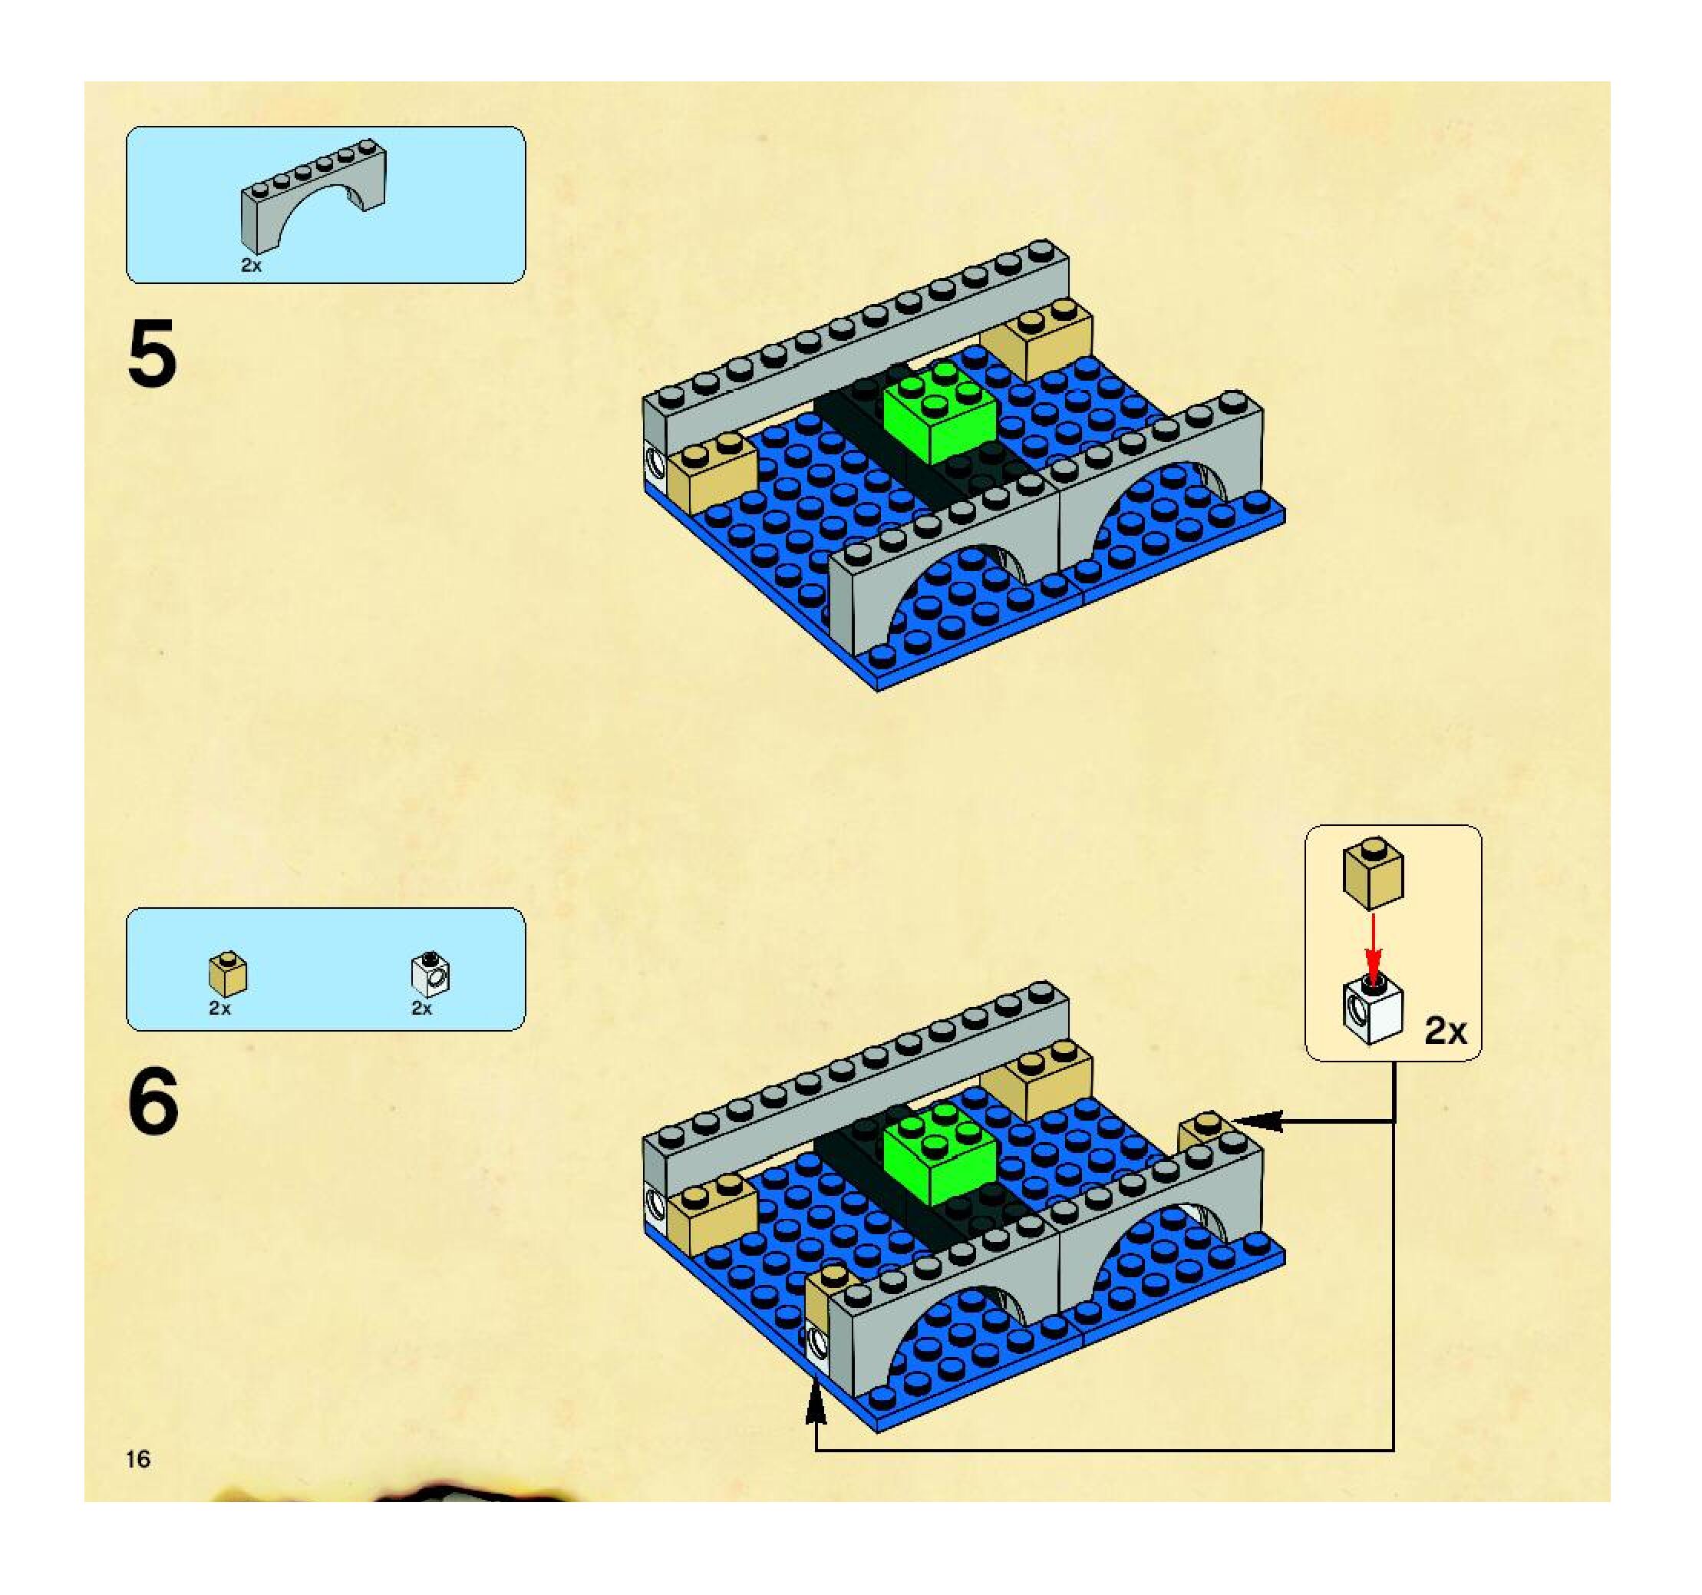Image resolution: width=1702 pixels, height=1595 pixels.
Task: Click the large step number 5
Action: [153, 353]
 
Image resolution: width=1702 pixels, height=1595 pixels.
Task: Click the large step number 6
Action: [154, 1101]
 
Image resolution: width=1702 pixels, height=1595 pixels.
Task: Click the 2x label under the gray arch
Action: [251, 266]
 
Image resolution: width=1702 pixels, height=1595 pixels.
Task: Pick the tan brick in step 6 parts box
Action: [228, 974]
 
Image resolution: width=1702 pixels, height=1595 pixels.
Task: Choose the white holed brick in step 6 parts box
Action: [430, 974]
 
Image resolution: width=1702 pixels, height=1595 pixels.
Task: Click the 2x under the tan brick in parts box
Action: [220, 1009]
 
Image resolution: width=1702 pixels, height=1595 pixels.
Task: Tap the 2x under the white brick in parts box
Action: [422, 1009]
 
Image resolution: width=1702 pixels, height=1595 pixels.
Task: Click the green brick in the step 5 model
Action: [940, 413]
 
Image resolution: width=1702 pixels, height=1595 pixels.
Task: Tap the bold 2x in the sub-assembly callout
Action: [1445, 1031]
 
